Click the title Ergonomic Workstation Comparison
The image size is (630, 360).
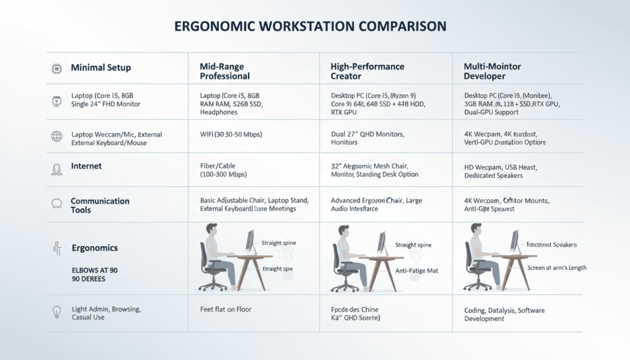[310, 27]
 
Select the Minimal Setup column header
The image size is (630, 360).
[101, 67]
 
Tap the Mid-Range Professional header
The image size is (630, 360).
[225, 71]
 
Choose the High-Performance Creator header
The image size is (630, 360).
[367, 71]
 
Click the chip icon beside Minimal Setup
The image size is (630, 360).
[56, 68]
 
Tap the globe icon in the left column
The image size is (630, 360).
[56, 137]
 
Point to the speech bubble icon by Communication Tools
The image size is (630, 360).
[56, 203]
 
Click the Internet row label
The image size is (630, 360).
[86, 166]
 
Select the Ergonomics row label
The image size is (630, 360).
[94, 248]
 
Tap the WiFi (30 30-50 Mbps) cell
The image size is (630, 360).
[237, 134]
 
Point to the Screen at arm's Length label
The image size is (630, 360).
[557, 268]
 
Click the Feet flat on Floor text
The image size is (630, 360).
[226, 309]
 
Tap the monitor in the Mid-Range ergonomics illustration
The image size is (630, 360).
[250, 241]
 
